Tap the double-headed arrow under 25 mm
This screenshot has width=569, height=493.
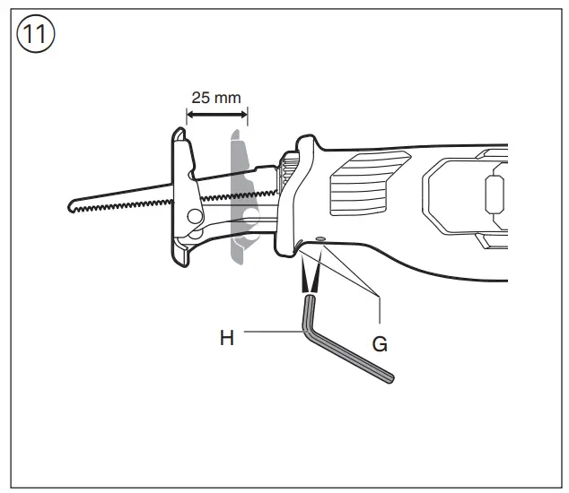(216, 115)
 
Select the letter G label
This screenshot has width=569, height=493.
(381, 342)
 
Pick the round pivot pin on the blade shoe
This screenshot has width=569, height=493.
(194, 215)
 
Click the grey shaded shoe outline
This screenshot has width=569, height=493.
(238, 197)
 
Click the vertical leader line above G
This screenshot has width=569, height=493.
(381, 308)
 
